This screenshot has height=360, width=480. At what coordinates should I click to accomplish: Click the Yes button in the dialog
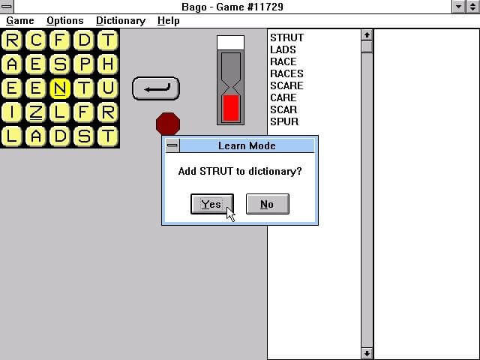[x=212, y=204]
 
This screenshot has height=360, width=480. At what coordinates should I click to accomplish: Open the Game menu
[x=20, y=21]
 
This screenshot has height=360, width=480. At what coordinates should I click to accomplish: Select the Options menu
[x=65, y=21]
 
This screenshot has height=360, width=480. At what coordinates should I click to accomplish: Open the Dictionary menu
[x=121, y=21]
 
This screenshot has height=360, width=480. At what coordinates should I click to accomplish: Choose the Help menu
[x=168, y=21]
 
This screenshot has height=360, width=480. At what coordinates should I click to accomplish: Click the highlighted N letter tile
[x=60, y=88]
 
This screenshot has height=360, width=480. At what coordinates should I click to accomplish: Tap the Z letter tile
[x=36, y=112]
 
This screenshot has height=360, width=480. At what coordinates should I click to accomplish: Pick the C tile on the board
[x=36, y=40]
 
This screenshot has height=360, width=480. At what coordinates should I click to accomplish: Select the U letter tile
[x=108, y=88]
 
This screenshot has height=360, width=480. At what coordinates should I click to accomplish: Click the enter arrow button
[x=156, y=88]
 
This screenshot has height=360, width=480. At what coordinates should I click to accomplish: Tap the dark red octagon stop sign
[x=168, y=124]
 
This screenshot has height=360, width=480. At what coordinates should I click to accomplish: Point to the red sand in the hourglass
[x=231, y=108]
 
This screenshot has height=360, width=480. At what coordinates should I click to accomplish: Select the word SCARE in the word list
[x=286, y=85]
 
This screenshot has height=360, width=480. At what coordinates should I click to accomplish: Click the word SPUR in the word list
[x=284, y=121]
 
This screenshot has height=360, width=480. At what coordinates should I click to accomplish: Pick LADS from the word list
[x=283, y=49]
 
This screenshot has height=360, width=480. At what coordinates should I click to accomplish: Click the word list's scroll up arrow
[x=367, y=35]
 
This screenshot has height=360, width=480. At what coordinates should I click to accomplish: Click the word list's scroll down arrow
[x=367, y=353]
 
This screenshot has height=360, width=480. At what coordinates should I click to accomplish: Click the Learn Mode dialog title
[x=247, y=145]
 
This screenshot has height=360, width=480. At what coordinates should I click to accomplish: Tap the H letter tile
[x=108, y=64]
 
